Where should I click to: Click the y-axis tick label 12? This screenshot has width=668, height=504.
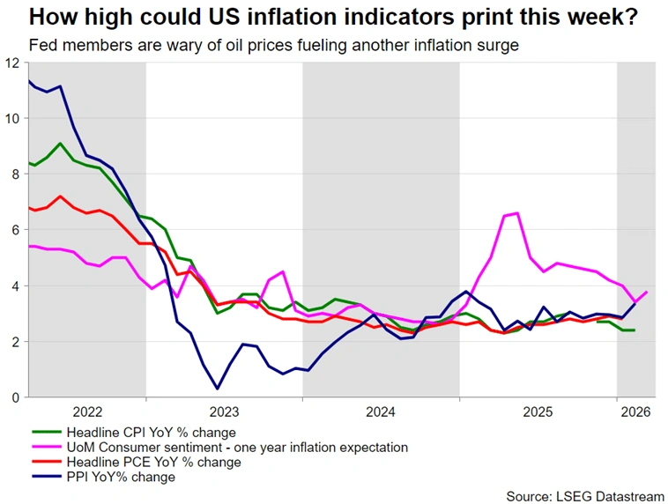coord(11,63)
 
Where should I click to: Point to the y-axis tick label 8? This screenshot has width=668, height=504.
coord(14,174)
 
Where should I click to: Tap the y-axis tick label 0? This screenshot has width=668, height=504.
coord(14,397)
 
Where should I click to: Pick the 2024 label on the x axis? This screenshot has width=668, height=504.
coord(381,411)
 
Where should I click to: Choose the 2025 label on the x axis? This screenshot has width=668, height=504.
coord(538,411)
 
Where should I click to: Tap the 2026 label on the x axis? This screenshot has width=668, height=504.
coord(635,411)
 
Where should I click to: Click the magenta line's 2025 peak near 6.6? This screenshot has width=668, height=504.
coord(516,213)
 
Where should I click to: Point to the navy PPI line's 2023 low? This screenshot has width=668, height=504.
coord(218,389)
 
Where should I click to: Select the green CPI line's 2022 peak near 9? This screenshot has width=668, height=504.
coord(60,144)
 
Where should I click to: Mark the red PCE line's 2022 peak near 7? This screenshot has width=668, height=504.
coord(60,196)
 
